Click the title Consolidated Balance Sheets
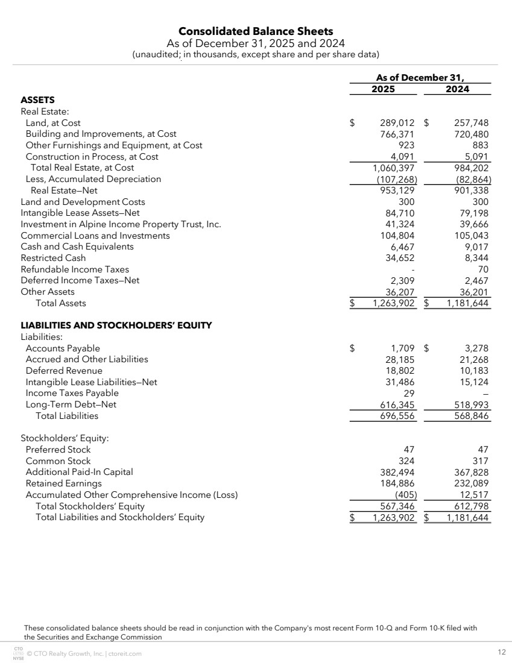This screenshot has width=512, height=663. pos(256,31)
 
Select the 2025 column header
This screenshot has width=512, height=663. pos(383,89)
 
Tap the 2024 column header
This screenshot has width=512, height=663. pos(457,89)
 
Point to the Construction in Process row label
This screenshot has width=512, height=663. pos(92,157)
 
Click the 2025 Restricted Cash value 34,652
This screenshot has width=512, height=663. pos(400,258)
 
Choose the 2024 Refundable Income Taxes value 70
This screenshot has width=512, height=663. pos(482,269)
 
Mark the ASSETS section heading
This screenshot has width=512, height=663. pos(37,100)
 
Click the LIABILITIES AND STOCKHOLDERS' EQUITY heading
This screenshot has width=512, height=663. pos(116,325)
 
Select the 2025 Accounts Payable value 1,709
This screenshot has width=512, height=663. pos(402,348)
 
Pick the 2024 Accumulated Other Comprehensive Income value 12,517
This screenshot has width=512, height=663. pos(473,495)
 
